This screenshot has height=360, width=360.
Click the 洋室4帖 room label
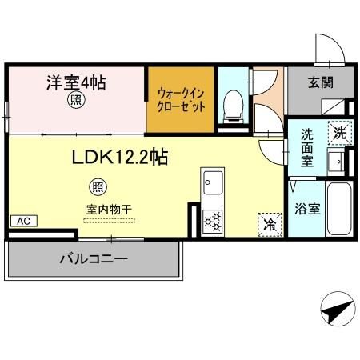click(76, 82)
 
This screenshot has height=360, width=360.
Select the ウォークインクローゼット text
click(180, 101)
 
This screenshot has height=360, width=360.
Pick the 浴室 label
click(307, 210)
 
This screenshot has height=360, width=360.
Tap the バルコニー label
click(93, 260)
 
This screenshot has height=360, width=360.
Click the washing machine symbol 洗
click(338, 132)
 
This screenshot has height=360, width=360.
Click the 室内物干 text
click(110, 209)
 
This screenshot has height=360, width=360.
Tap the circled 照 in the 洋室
click(74, 101)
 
